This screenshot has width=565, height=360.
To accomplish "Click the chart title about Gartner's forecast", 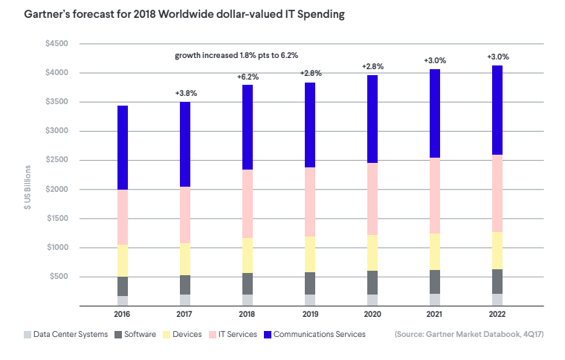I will click(178, 15).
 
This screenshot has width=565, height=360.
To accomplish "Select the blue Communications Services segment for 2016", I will click(123, 147).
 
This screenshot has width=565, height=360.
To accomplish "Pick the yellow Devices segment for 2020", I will click(372, 252).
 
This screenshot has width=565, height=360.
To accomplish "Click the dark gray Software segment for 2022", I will click(497, 281).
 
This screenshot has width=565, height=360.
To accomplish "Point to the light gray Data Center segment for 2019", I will click(310, 299).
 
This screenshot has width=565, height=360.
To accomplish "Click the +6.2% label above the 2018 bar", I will click(248, 77).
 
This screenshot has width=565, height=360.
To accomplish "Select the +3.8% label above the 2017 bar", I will click(185, 93).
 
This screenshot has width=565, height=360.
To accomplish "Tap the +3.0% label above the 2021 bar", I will click(435, 60).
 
